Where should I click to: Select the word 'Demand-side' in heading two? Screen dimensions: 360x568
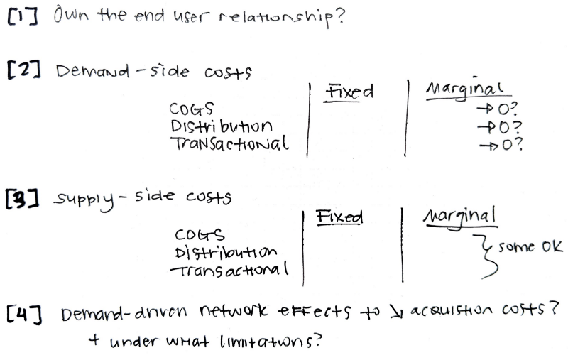[x=125, y=72]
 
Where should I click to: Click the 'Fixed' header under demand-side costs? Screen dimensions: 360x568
[x=349, y=92]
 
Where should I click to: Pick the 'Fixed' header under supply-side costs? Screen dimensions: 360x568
[x=339, y=217]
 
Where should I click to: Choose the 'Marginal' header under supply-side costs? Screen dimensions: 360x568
[x=461, y=215]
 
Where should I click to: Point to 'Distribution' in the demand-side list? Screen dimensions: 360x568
[x=221, y=126]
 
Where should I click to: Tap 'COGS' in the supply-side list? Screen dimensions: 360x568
[x=199, y=234]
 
